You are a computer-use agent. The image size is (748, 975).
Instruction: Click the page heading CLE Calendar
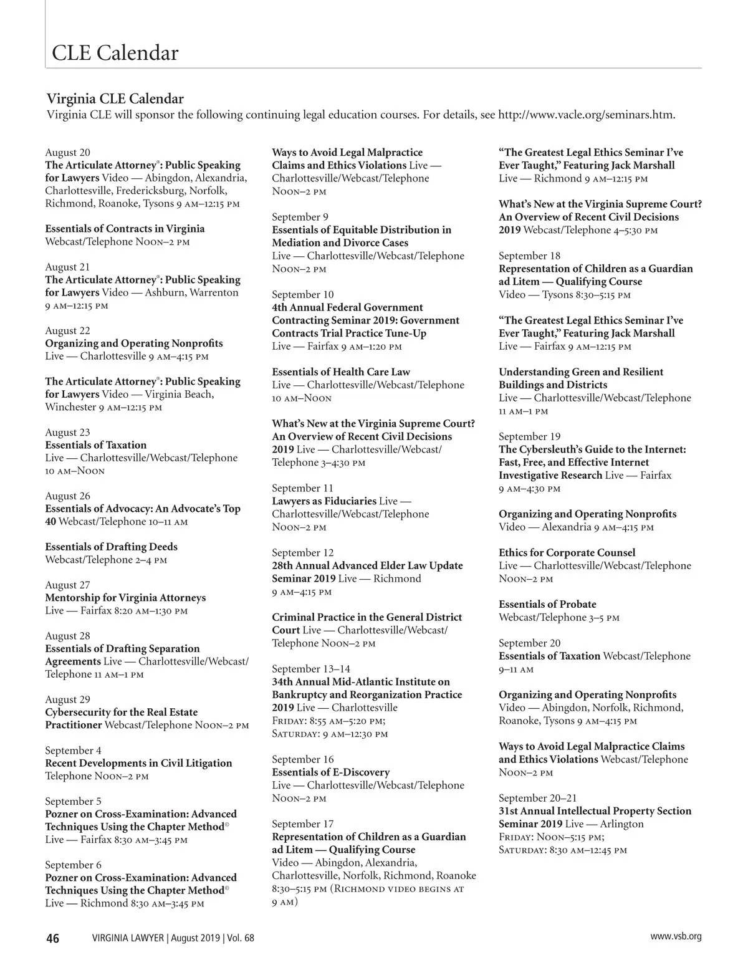tap(115, 53)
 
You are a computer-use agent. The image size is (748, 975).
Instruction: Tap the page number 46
tap(53, 938)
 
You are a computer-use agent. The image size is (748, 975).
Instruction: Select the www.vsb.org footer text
tap(676, 936)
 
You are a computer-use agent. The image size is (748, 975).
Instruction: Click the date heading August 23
tap(67, 432)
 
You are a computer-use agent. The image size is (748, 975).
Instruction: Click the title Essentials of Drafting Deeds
tap(111, 547)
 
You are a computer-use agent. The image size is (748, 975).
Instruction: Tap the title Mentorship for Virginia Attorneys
tap(125, 598)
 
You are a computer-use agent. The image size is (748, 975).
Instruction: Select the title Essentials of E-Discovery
tap(330, 772)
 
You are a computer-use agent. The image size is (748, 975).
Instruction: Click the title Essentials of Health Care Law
tap(341, 372)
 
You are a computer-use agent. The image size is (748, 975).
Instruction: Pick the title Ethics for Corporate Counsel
tap(567, 553)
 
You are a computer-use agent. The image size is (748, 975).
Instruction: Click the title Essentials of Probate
tap(547, 604)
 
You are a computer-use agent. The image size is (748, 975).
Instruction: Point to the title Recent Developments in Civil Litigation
tap(138, 763)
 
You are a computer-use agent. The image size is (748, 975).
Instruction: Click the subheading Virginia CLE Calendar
tap(115, 99)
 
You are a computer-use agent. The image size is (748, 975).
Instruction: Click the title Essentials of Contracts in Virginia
tap(125, 229)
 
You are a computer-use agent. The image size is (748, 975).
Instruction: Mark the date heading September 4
tap(73, 751)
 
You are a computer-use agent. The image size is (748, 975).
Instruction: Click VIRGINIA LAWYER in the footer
tap(128, 938)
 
